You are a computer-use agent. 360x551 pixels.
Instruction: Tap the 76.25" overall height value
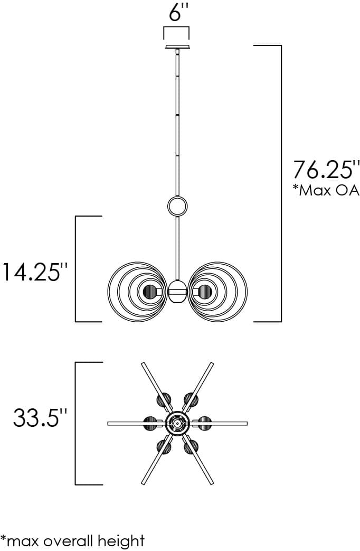[326, 170]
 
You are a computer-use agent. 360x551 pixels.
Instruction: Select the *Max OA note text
[326, 190]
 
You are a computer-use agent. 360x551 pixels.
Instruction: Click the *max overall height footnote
[72, 540]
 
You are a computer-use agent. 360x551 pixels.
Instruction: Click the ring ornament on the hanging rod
[177, 206]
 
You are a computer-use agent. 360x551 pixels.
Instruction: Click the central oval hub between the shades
[177, 291]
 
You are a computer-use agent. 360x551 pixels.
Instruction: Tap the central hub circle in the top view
[177, 423]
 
